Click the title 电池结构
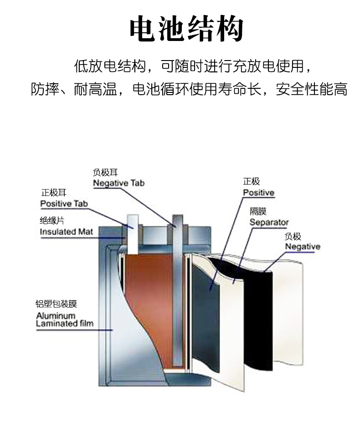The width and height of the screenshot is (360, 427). point(186,30)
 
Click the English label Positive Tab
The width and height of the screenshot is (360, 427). point(64,203)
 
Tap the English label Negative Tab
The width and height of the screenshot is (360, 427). point(118,183)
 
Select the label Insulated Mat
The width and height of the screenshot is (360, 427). point(67,232)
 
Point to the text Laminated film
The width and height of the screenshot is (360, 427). point(64,324)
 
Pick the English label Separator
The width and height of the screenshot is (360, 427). point(269,223)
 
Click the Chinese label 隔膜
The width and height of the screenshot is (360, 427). point(258,212)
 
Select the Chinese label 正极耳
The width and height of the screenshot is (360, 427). point(50,193)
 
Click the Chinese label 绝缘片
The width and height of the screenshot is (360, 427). point(50,221)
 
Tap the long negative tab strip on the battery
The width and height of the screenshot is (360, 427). point(177,291)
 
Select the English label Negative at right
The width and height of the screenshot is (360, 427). point(303,247)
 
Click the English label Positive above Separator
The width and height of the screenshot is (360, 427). point(258,193)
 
